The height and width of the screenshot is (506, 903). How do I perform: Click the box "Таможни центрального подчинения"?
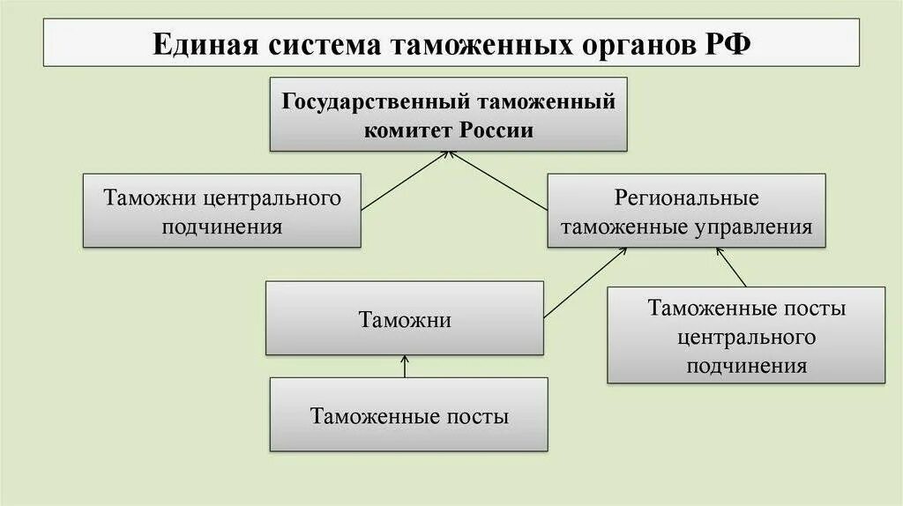(222, 210)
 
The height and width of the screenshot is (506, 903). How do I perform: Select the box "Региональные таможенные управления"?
(686, 211)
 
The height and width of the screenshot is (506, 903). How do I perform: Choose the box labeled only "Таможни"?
(405, 318)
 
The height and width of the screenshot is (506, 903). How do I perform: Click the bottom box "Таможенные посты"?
(408, 415)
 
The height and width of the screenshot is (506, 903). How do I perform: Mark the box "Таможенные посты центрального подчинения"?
(746, 335)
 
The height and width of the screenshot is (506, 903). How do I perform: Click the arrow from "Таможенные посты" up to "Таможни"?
(405, 366)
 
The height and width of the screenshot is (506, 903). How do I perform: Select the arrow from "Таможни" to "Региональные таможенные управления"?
(586, 282)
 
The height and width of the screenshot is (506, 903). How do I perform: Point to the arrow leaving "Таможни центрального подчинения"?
(406, 181)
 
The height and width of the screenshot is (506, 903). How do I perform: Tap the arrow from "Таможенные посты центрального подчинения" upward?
(732, 267)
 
